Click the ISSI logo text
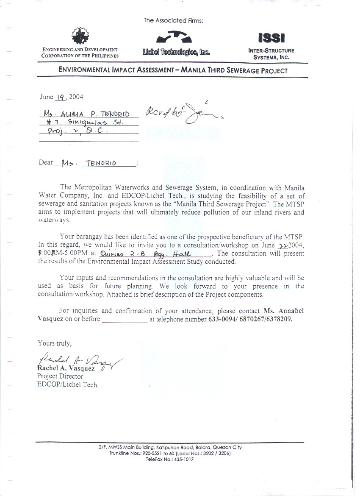[271, 38]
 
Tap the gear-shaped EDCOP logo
[78, 36]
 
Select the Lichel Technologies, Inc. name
[177, 53]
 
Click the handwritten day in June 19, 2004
[60, 97]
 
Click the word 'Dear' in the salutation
[46, 162]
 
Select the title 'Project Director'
[60, 376]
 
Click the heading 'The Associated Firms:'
[174, 20]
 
